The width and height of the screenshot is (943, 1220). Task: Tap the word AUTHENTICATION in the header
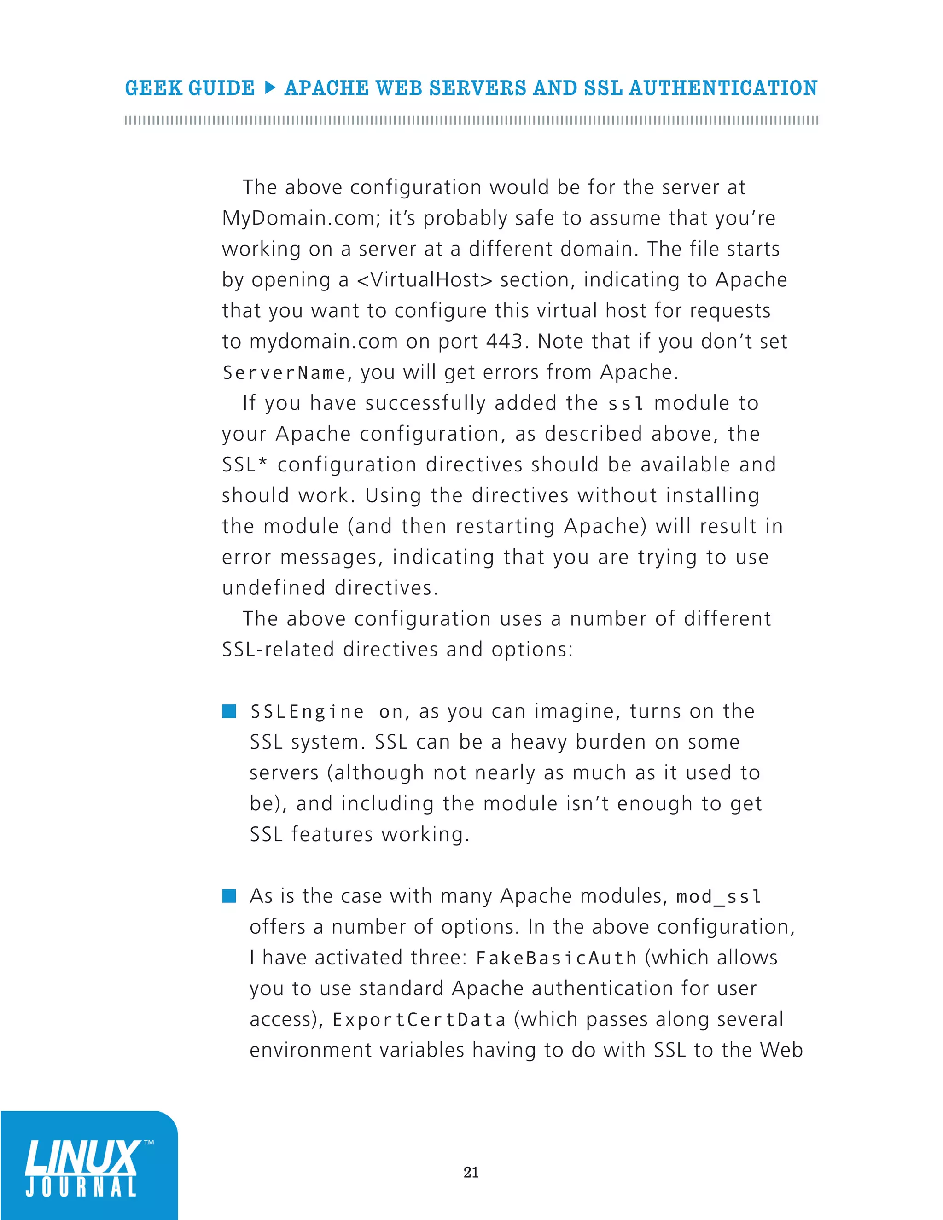723,88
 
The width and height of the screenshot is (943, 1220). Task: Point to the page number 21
471,1172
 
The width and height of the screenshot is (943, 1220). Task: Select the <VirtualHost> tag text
424,279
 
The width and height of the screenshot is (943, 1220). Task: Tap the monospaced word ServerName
284,372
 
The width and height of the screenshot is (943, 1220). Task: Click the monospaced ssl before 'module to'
626,403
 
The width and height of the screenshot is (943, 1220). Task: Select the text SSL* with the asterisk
244,465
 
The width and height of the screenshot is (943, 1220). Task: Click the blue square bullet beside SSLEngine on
229,711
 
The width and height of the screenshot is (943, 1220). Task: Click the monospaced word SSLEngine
307,712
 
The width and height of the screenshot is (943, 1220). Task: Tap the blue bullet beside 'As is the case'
229,896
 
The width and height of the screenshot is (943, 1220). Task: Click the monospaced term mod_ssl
718,896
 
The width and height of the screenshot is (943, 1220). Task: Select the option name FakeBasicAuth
556,958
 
